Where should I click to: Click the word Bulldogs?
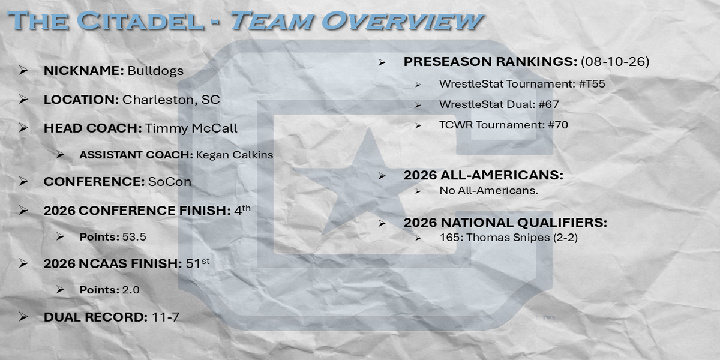point(155,71)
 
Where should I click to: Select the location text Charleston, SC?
point(171,100)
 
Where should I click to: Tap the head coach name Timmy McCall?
point(191,128)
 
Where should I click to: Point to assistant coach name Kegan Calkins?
point(235,155)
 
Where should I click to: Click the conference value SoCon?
point(169,182)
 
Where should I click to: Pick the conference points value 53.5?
point(134,237)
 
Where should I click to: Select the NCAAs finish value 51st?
point(197,263)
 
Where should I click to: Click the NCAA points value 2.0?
point(131,290)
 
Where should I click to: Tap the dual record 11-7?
point(165,317)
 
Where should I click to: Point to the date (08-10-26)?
point(615,62)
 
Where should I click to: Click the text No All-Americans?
point(488,191)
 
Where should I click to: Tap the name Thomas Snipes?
point(508,238)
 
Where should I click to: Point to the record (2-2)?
point(565,238)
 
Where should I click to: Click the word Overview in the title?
point(403,21)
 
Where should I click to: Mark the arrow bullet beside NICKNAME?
point(23,70)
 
